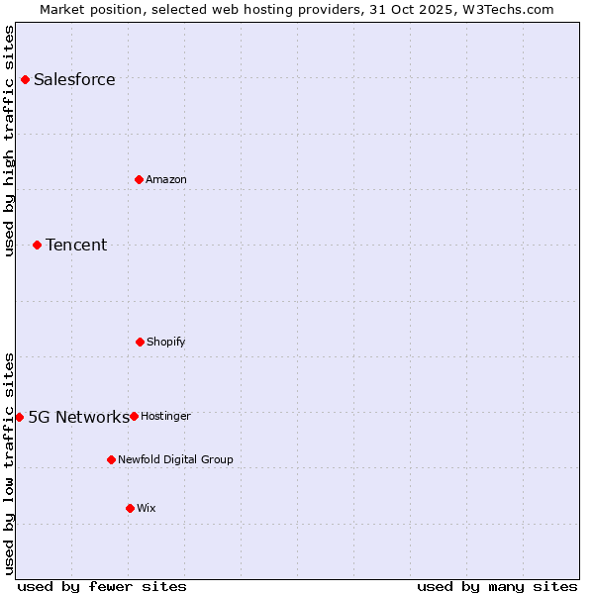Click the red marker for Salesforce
[25, 79]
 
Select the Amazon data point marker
[139, 179]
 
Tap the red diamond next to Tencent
[37, 245]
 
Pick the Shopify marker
[140, 342]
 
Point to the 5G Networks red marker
[19, 417]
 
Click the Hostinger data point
[134, 416]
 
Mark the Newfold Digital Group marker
[111, 459]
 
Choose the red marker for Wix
[130, 508]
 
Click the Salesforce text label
[74, 80]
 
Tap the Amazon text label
[166, 179]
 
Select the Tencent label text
[76, 246]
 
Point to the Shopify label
[166, 342]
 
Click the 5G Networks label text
[78, 417]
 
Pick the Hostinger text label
[165, 416]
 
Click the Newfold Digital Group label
[176, 459]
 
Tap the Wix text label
[147, 508]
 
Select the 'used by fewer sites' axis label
[102, 586]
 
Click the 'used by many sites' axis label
[497, 586]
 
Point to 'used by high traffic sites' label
[10, 141]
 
